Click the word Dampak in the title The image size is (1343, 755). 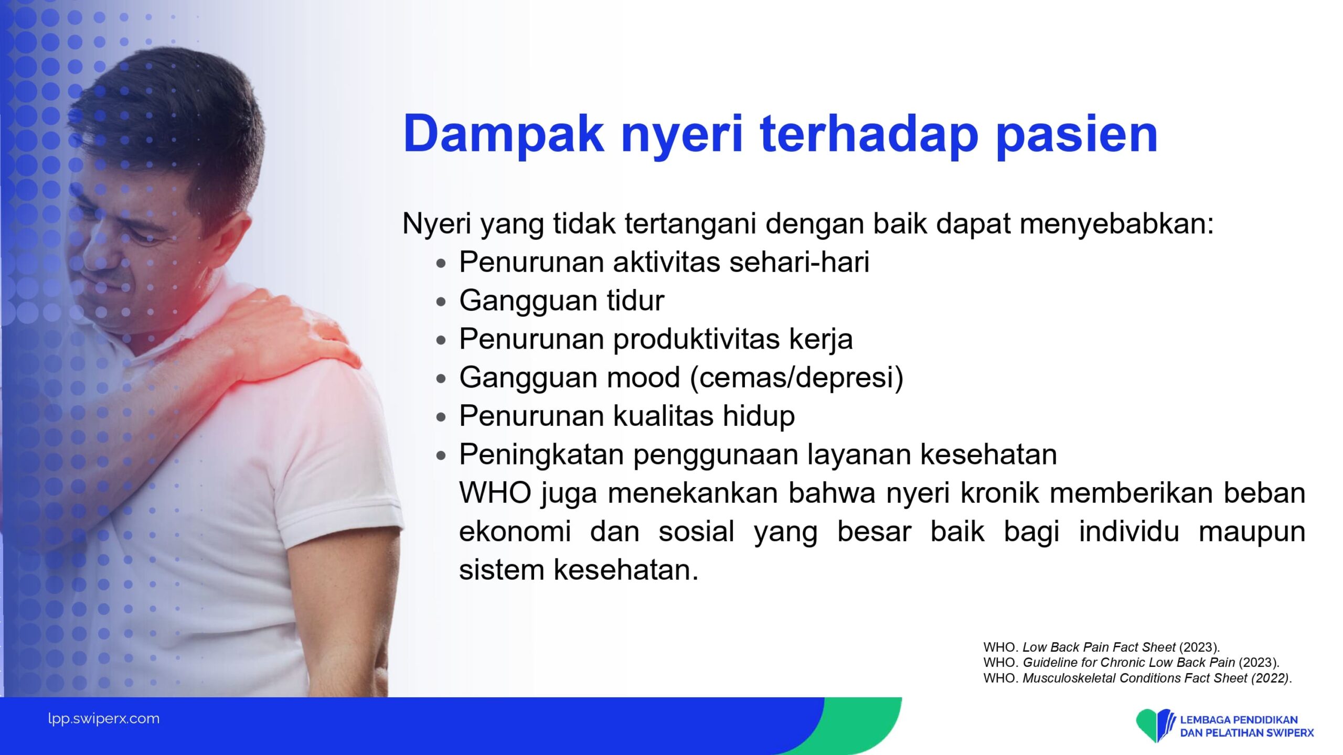pyautogui.click(x=503, y=134)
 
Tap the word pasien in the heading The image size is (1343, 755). pyautogui.click(x=1076, y=134)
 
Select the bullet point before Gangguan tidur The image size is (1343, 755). pyautogui.click(x=441, y=302)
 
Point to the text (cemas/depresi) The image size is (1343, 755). pyautogui.click(x=797, y=377)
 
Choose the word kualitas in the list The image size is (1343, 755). pyautogui.click(x=663, y=416)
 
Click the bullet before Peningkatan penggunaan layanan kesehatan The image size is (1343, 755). pyautogui.click(x=441, y=456)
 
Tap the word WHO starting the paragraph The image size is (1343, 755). pyautogui.click(x=495, y=493)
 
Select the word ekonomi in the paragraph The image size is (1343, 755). pyautogui.click(x=515, y=531)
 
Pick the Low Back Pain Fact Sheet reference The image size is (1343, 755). pyautogui.click(x=1102, y=647)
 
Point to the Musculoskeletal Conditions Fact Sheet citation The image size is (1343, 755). pyautogui.click(x=1137, y=678)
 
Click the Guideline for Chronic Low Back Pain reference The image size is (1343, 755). pyautogui.click(x=1132, y=662)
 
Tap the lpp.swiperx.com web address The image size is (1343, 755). pyautogui.click(x=104, y=719)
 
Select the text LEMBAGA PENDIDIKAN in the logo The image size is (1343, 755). pyautogui.click(x=1239, y=720)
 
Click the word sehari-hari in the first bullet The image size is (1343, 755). pyautogui.click(x=799, y=262)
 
